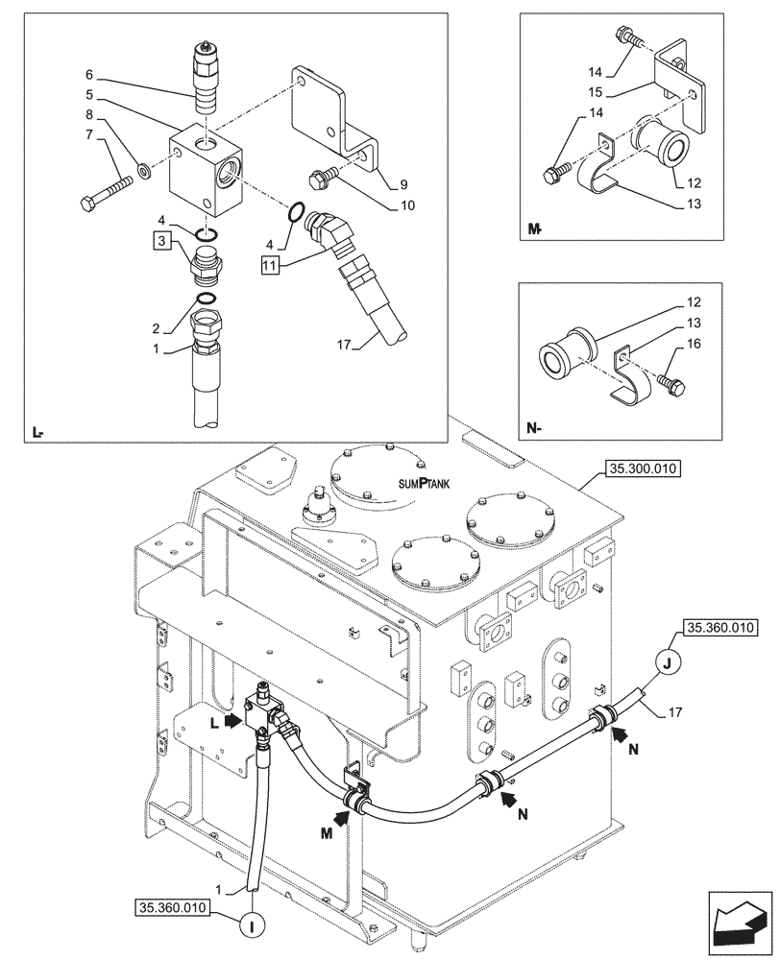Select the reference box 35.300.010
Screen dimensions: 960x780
(x=642, y=468)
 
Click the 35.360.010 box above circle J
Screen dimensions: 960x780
(x=719, y=629)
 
